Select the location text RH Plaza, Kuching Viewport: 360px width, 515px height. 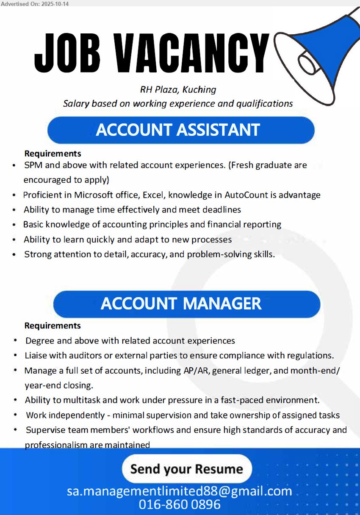[178, 90]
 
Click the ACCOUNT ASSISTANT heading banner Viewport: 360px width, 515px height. [181, 130]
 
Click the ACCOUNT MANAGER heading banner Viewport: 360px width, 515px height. [186, 304]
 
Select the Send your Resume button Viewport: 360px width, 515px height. [187, 469]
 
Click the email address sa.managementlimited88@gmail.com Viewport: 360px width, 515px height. [180, 491]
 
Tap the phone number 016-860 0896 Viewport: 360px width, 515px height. [180, 504]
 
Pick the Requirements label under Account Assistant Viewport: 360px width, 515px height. [53, 153]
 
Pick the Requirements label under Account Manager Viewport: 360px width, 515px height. [53, 325]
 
